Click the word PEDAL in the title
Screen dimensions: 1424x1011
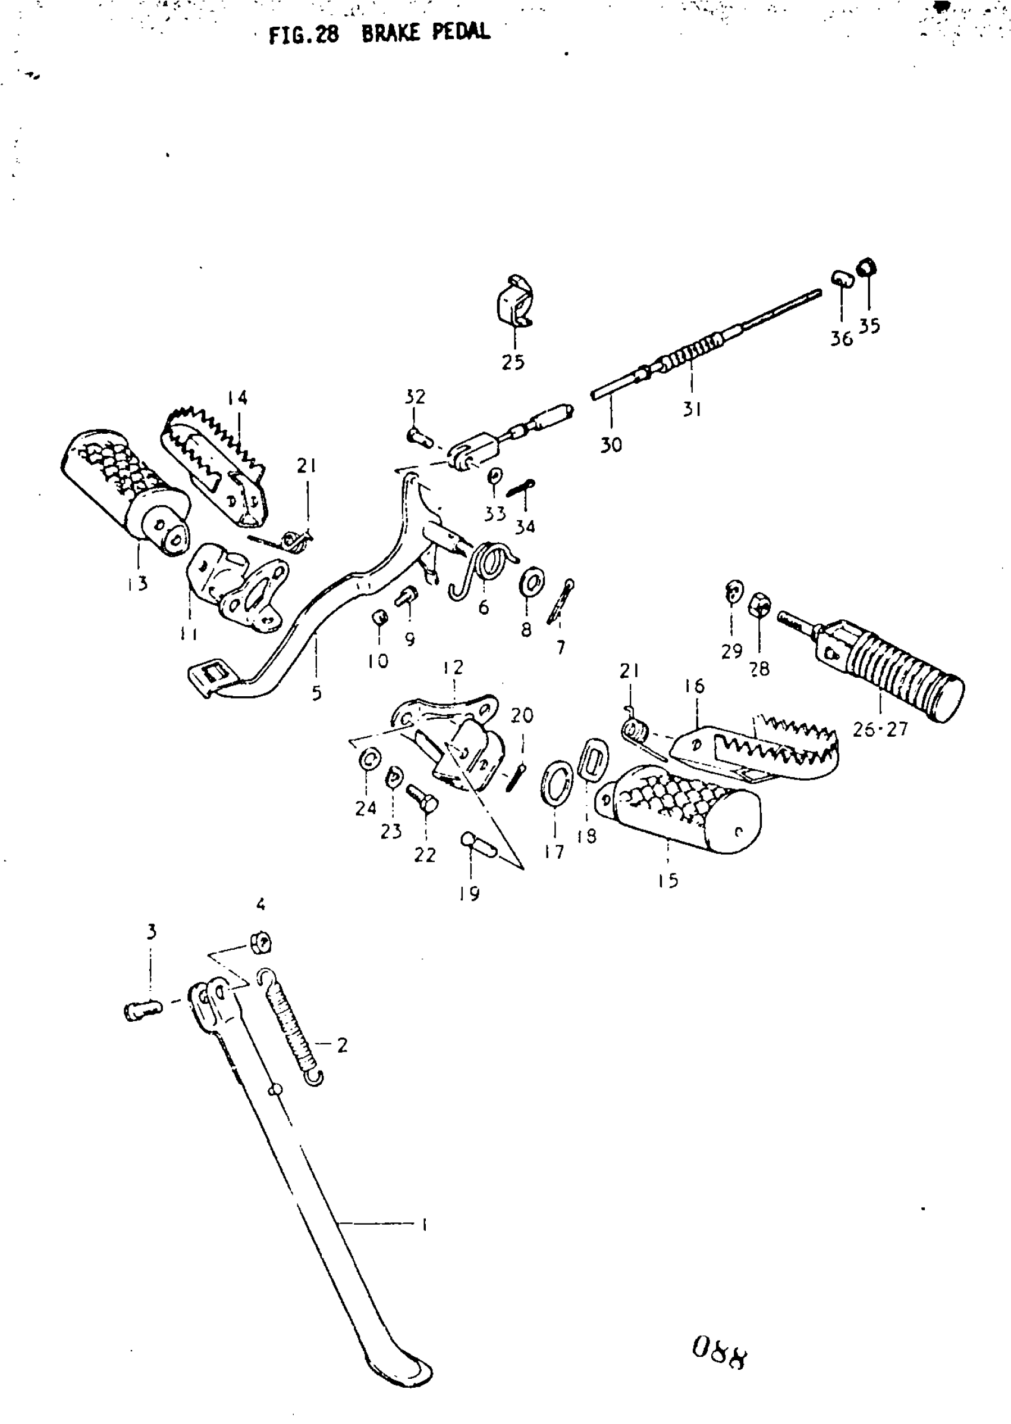pos(461,32)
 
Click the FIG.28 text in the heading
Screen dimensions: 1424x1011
pos(304,35)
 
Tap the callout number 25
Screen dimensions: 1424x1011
pos(513,362)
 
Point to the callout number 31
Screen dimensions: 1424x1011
pos(692,409)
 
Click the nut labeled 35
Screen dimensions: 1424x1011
pos(866,268)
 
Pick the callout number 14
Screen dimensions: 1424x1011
pos(237,398)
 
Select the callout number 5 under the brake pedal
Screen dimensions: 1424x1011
pos(316,693)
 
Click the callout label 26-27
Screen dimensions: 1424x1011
pos(880,730)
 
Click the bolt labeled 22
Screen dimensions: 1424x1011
pos(423,799)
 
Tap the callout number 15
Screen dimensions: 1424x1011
pos(668,881)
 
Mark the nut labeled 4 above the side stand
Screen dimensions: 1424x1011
pos(261,943)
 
